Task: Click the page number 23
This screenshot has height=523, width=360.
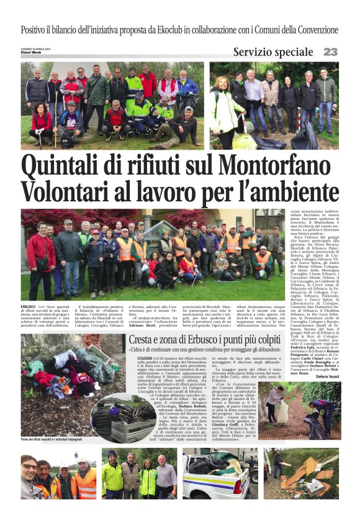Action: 330,52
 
